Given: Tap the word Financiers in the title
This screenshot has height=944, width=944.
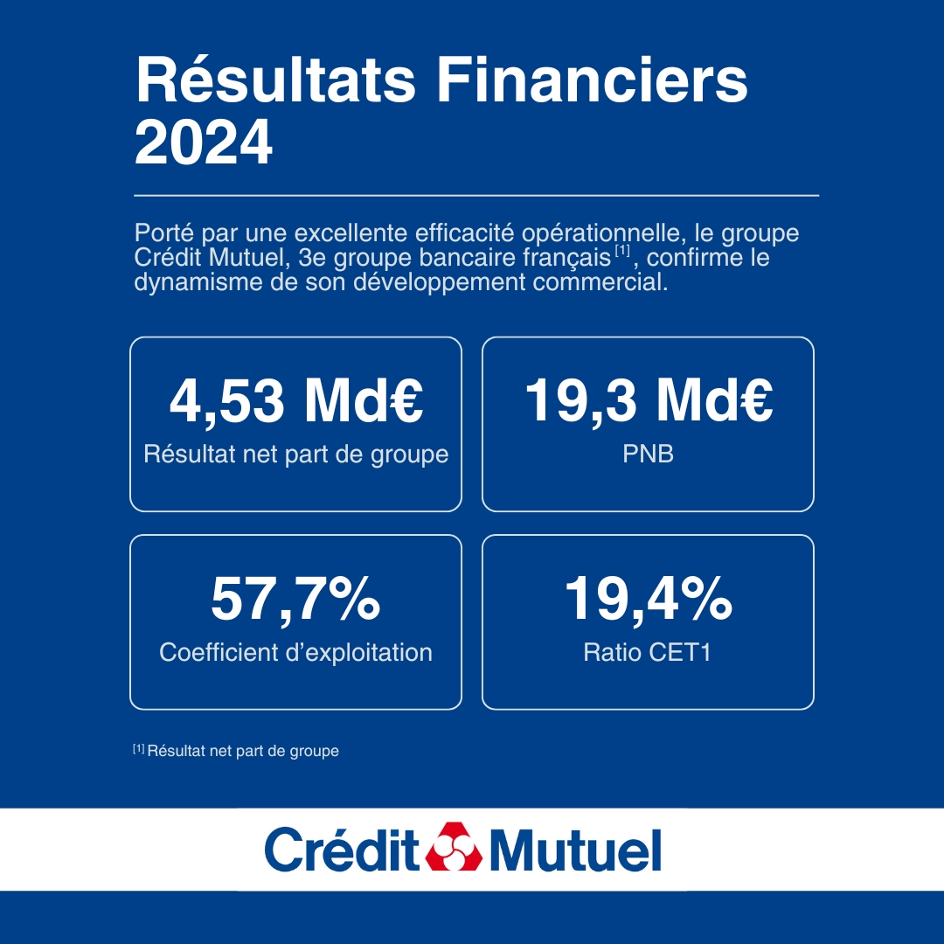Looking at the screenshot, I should click(x=593, y=82).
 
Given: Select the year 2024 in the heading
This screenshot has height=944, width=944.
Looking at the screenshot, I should click(x=204, y=144).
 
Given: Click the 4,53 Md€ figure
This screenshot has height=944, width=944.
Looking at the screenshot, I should click(x=295, y=400).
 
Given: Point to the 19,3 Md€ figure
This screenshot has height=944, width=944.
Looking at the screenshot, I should click(x=648, y=400).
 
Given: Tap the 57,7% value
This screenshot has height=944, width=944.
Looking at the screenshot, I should click(x=295, y=599).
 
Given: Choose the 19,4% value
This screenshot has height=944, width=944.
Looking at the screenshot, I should click(x=648, y=599).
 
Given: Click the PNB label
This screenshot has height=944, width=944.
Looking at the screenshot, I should click(x=648, y=455).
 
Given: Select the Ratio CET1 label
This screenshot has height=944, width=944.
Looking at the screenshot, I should click(x=648, y=652).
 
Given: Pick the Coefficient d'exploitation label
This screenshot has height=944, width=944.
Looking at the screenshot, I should click(x=295, y=652).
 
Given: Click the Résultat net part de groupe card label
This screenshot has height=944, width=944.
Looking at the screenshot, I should click(x=295, y=455).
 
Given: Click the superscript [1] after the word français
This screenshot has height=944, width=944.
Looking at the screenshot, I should click(x=622, y=253).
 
